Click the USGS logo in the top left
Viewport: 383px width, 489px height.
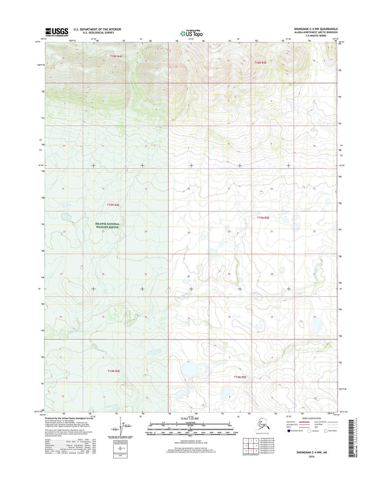(x=56, y=32)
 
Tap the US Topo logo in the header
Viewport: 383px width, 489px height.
(x=191, y=33)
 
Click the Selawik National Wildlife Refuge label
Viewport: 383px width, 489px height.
(x=107, y=225)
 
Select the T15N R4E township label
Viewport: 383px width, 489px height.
(x=113, y=205)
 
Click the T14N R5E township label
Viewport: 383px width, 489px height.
(x=240, y=377)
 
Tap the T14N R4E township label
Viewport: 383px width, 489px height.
(x=113, y=371)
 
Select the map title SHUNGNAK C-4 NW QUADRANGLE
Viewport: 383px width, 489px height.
(x=316, y=29)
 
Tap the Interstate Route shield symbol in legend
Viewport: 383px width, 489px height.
(x=289, y=431)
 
